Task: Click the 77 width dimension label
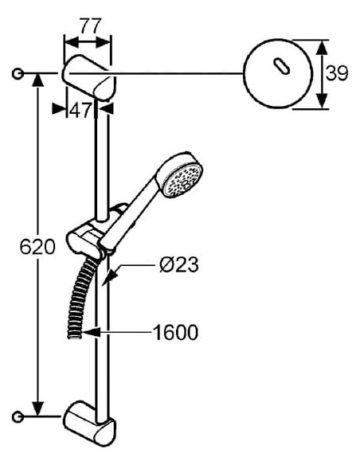(91, 26)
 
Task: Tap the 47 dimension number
(80, 111)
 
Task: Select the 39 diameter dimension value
(337, 73)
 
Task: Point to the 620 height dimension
(37, 246)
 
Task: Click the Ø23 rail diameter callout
(179, 264)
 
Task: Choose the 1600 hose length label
(175, 332)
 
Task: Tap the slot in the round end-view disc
(281, 66)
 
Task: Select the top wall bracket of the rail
(88, 78)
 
